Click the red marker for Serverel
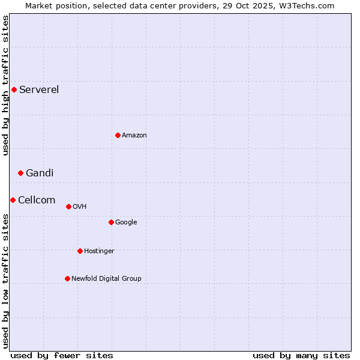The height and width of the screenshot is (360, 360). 14,90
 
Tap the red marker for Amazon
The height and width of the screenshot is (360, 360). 118,135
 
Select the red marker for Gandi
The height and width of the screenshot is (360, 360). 20,173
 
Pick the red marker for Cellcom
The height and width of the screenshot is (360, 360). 13,200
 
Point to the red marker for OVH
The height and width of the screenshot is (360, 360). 68,206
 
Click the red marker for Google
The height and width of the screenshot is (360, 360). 111,222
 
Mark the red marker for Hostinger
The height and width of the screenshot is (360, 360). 80,251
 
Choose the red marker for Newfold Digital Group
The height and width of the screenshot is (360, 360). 67,278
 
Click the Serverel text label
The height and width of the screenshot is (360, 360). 39,90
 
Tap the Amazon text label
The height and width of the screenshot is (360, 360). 134,135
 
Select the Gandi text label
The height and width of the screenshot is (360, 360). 40,173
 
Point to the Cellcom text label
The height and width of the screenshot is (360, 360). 37,200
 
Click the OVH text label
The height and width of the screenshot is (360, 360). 80,206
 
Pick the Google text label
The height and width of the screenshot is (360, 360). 126,222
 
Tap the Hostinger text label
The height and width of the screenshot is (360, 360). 99,251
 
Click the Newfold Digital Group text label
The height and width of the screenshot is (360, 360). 106,278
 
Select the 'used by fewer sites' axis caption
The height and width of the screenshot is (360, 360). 62,355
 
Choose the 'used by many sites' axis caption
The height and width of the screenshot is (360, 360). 301,355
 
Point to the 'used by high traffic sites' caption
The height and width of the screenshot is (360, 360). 5,85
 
